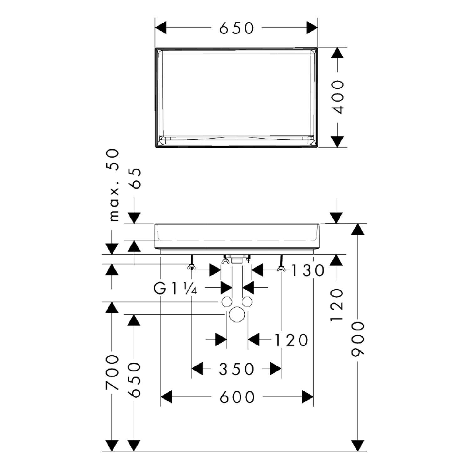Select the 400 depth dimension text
(x=337, y=97)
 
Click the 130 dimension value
(x=308, y=270)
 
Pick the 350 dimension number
(x=236, y=369)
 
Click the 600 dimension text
(x=237, y=397)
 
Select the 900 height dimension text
(x=358, y=339)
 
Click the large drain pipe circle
(x=237, y=315)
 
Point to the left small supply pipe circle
(x=227, y=302)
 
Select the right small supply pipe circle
(x=247, y=302)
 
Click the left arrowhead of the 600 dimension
(x=166, y=397)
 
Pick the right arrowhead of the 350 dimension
(x=275, y=369)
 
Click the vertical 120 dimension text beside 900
(x=337, y=305)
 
